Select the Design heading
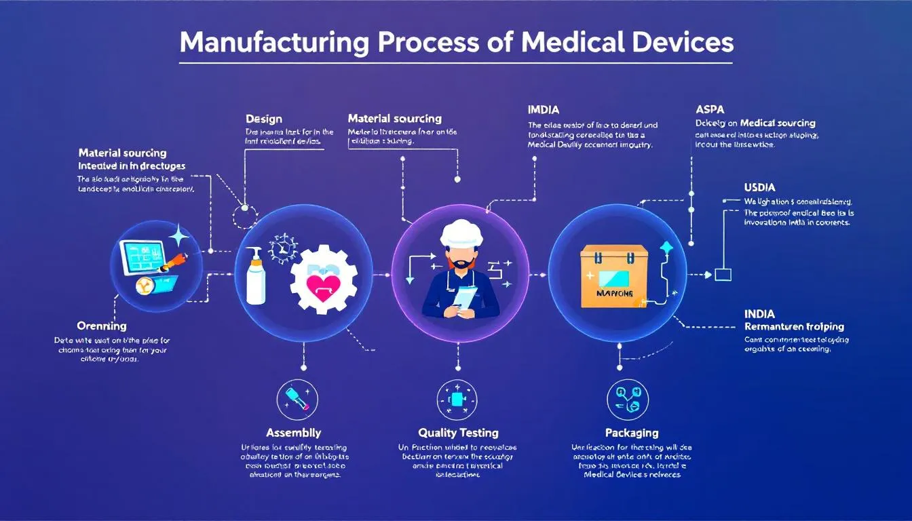coord(263,119)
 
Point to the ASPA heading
coord(710,109)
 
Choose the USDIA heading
coord(759,187)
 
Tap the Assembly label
coord(293,432)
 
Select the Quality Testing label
coord(458,432)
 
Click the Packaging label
coord(631,432)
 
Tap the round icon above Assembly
coord(298,399)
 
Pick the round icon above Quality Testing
coord(457,399)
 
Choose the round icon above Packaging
coord(628,399)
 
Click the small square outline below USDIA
coord(723,275)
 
